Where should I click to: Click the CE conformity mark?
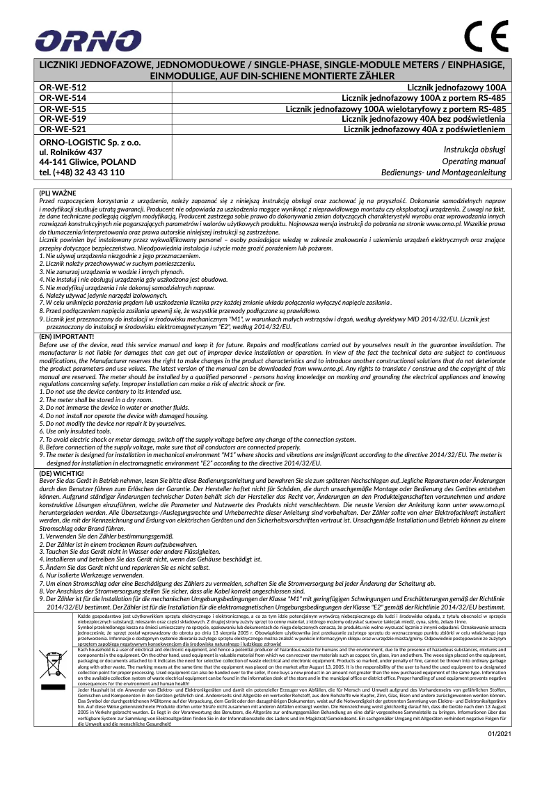(x=487, y=38)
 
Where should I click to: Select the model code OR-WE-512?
(x=63, y=88)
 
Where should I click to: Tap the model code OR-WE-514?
(x=63, y=98)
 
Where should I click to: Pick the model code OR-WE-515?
(x=63, y=109)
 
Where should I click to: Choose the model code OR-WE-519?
(x=63, y=119)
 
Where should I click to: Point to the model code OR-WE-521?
(x=63, y=129)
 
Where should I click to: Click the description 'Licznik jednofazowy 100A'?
(x=456, y=88)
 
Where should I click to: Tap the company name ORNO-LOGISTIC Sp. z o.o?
(x=90, y=141)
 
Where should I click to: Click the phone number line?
(x=82, y=172)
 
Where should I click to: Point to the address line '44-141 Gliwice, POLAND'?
(x=88, y=161)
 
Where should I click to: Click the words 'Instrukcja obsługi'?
(x=475, y=149)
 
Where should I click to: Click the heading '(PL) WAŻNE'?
(x=58, y=192)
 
